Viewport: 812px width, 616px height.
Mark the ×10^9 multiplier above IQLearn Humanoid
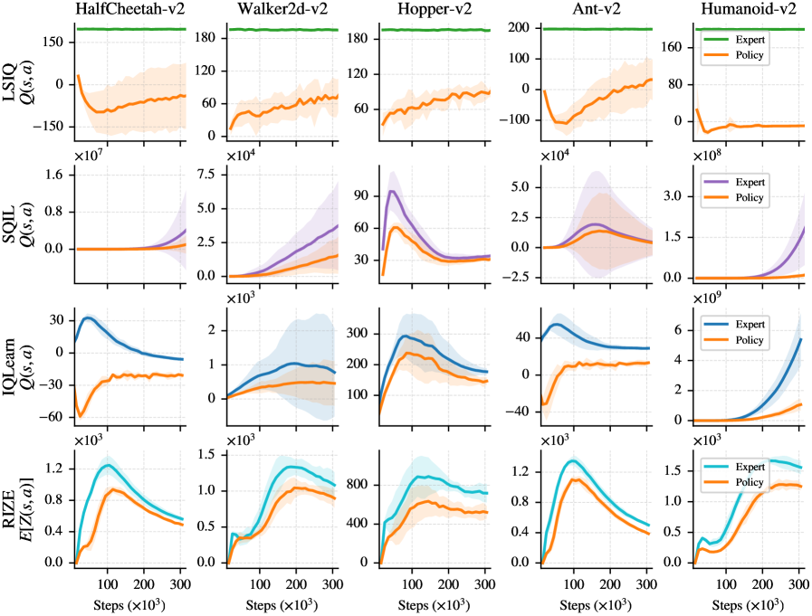click(713, 296)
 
